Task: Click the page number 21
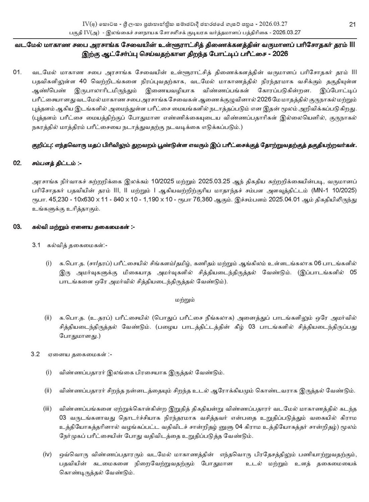pyautogui.click(x=352, y=24)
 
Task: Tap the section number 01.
pyautogui.click(x=17, y=73)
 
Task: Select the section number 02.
pyautogui.click(x=17, y=163)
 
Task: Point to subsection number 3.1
pyautogui.click(x=36, y=245)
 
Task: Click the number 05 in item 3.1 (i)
pyautogui.click(x=353, y=272)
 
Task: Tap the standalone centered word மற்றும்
pyautogui.click(x=185, y=300)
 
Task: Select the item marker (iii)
pyautogui.click(x=47, y=409)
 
